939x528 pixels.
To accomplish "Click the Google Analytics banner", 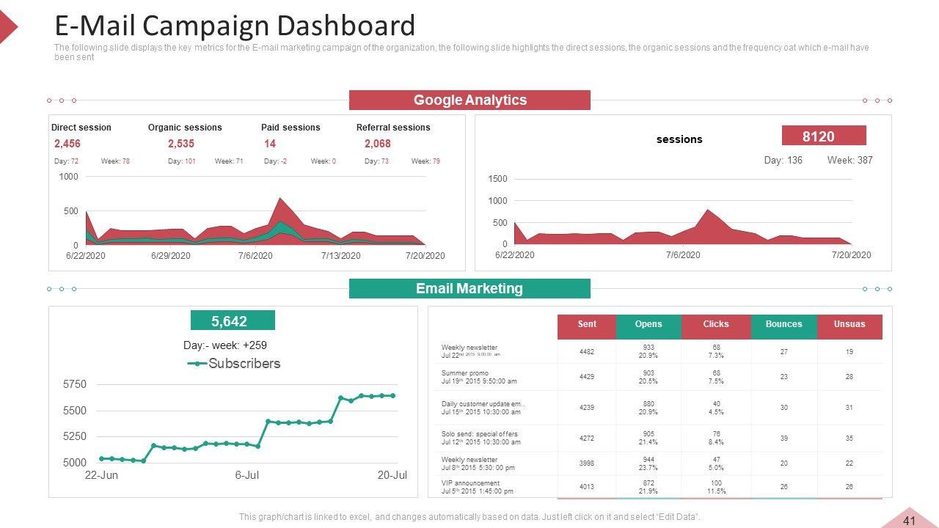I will tap(469, 100).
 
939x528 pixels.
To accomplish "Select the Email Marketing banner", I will tap(469, 289).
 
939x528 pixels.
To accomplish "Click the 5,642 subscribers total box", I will tap(233, 320).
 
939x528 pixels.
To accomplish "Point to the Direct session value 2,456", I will tap(67, 144).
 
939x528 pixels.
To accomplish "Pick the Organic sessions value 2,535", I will tap(181, 144).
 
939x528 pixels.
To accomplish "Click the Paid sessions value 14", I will tap(270, 144).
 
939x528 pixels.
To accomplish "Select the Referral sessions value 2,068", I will tap(378, 144).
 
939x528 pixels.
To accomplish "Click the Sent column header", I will tap(587, 324).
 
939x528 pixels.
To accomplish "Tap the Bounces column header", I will tap(783, 324).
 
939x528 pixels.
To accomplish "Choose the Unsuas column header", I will tap(850, 324).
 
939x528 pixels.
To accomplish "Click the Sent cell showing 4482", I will tap(587, 352).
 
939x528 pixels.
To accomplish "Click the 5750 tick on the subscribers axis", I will tap(75, 384).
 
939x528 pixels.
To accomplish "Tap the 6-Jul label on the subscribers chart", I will tap(247, 475).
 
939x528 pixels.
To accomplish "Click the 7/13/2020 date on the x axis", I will tap(340, 256).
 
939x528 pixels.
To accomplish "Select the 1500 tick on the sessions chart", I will tap(497, 179).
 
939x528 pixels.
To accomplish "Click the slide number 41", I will tap(910, 521).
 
